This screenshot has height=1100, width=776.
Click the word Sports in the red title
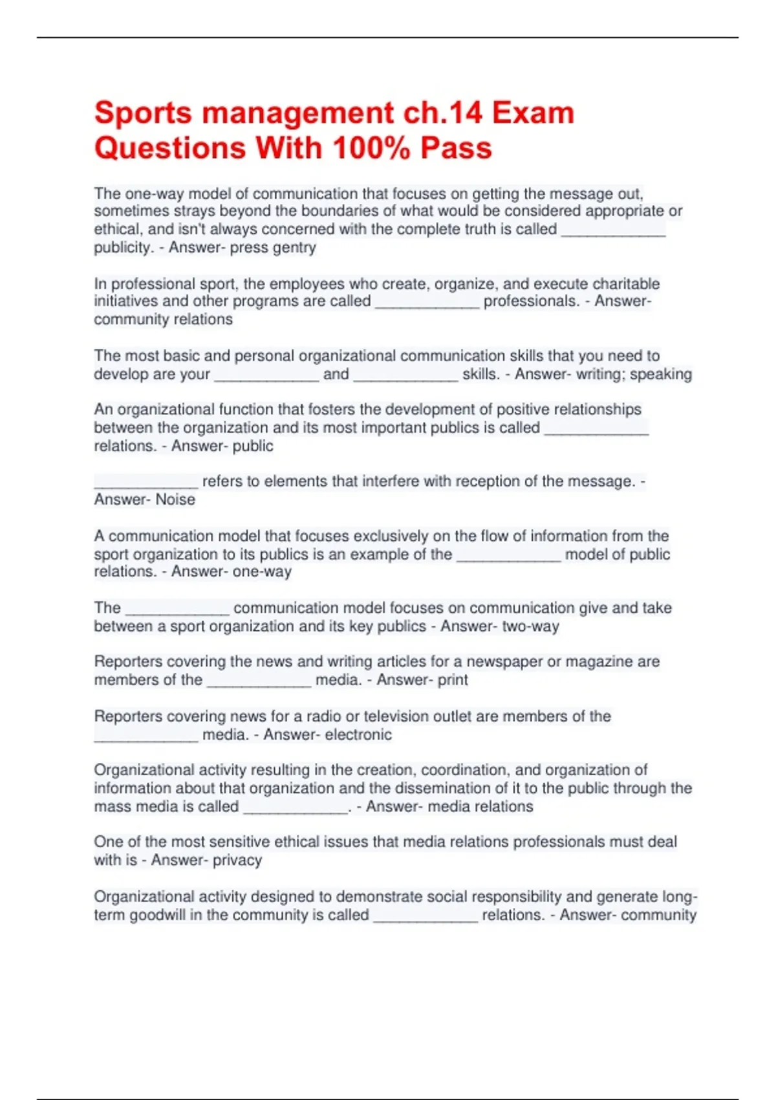coord(143,113)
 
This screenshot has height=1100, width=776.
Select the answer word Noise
coord(175,500)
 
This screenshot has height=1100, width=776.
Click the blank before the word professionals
coord(427,302)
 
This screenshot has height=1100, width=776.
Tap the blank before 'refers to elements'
coord(146,482)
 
